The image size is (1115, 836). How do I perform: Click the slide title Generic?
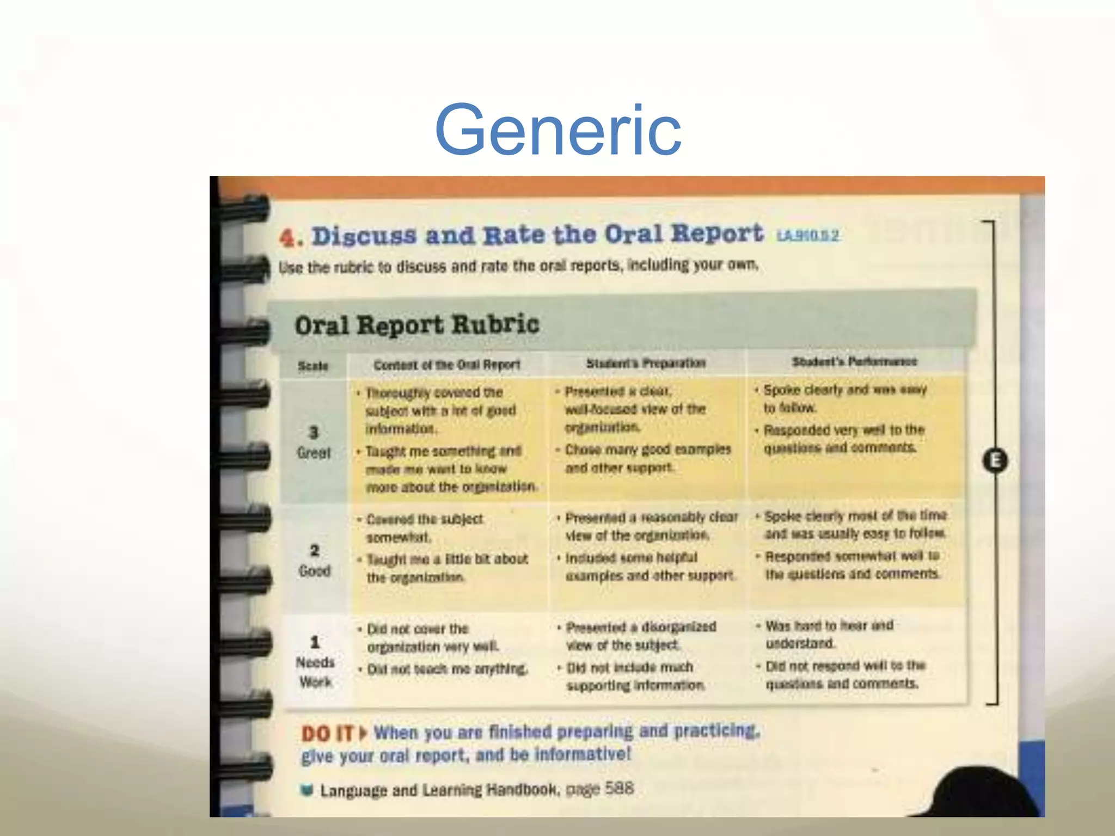(x=558, y=131)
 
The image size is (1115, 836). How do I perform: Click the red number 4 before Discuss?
(x=289, y=238)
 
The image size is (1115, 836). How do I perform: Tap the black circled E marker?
(x=995, y=460)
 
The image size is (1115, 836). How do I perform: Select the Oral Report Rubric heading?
(x=416, y=325)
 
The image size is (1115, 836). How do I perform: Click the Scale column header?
(x=313, y=366)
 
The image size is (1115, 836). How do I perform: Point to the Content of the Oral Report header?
(x=446, y=365)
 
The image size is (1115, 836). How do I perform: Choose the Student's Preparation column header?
(x=646, y=363)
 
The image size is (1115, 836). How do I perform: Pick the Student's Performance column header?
(x=854, y=361)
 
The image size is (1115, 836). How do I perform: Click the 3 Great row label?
(x=314, y=442)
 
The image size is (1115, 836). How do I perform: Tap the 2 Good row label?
(x=315, y=561)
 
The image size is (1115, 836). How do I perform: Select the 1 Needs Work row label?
(x=315, y=662)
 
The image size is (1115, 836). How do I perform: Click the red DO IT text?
(x=328, y=734)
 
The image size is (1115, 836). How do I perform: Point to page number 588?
(x=620, y=788)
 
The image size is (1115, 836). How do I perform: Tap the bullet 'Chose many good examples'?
(x=647, y=458)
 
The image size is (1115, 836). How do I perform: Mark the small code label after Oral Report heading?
(x=808, y=235)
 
